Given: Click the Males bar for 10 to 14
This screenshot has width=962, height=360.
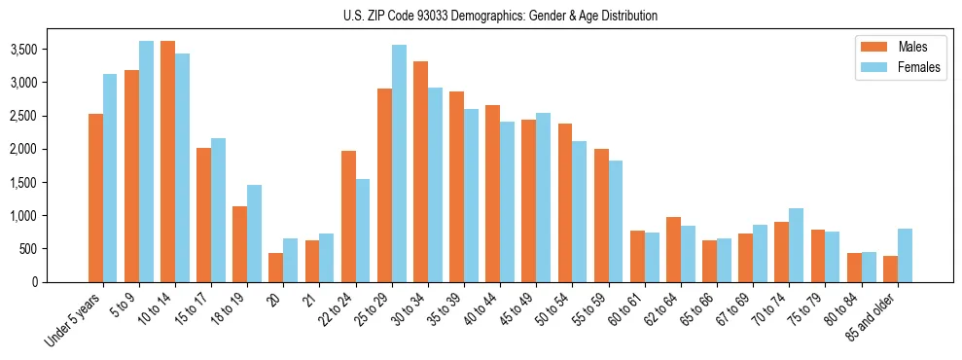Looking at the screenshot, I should (168, 162).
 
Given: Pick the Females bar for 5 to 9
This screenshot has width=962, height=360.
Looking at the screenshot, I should (147, 162).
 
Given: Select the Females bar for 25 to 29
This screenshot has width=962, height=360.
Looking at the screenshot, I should (399, 163).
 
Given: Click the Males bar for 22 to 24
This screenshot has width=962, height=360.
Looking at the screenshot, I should (348, 216).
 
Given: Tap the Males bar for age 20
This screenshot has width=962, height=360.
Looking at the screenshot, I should (276, 268).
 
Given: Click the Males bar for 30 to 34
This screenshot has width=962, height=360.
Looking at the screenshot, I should (420, 171).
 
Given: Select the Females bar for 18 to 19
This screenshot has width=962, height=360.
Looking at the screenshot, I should (255, 234).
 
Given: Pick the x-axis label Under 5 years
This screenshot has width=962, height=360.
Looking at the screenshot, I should (74, 322).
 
